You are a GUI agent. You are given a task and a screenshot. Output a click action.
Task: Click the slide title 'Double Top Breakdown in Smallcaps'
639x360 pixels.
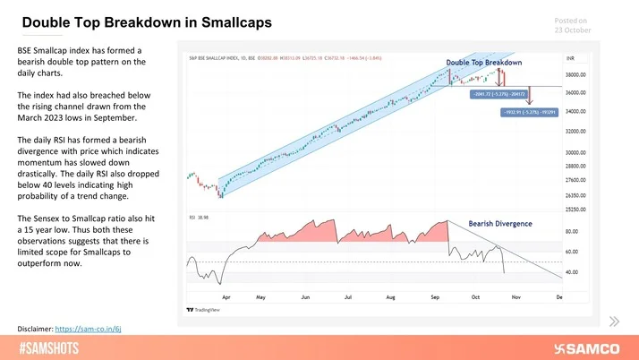[x=148, y=21]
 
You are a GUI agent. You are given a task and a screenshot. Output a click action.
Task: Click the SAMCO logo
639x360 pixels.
[x=588, y=347]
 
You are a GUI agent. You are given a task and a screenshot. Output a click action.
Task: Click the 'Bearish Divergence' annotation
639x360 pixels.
[x=500, y=223]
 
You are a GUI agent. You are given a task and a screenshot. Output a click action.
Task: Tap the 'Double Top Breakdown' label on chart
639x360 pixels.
[x=483, y=62]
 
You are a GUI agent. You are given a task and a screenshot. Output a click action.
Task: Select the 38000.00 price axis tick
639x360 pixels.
[x=576, y=75]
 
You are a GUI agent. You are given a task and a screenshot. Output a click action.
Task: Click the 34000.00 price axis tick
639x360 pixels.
[x=576, y=111]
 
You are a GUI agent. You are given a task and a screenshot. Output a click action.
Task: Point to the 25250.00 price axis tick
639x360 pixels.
[x=576, y=209]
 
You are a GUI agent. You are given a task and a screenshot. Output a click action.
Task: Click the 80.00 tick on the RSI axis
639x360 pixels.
[x=571, y=232]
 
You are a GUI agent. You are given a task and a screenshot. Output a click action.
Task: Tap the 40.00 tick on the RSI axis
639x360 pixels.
[x=571, y=271]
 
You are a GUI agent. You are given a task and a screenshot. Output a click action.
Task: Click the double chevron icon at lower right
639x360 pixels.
[x=614, y=321]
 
